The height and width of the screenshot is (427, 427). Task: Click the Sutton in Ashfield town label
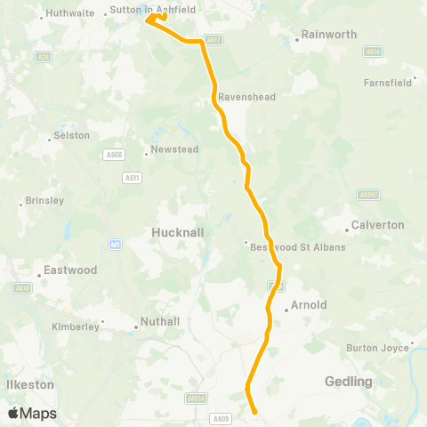tap(151, 11)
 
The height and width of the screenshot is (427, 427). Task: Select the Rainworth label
tap(329, 35)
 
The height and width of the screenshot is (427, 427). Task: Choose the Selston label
tap(73, 135)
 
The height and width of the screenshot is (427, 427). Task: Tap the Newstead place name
tap(175, 149)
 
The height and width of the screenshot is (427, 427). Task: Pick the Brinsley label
tap(45, 201)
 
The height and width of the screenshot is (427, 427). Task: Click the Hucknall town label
tap(179, 231)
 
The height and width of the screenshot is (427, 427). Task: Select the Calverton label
tap(378, 225)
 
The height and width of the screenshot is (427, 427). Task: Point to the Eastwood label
tap(71, 270)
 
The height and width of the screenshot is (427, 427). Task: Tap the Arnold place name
tap(309, 305)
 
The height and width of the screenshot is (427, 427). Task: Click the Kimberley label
tap(76, 326)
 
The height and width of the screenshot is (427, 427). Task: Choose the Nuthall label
tap(160, 322)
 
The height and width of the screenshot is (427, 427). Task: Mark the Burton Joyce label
tap(378, 348)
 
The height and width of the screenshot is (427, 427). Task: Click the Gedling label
tap(349, 381)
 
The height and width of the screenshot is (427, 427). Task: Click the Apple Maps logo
tap(32, 414)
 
